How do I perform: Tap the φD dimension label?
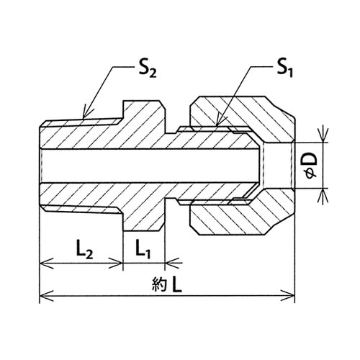tap(312, 166)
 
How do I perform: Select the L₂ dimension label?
tap(84, 251)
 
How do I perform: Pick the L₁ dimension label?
tap(143, 251)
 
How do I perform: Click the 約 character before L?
tap(159, 285)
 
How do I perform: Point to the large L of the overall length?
tap(177, 285)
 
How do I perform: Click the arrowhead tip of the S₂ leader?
tap(84, 119)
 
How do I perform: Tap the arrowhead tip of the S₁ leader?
tap(217, 126)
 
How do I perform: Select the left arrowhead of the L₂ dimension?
tap(40, 263)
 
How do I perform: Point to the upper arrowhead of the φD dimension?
tap(323, 142)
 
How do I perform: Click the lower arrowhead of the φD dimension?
tap(323, 189)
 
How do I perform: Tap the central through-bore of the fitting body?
tap(150, 166)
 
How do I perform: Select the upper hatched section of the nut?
tap(243, 113)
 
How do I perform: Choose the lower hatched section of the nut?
tap(243, 217)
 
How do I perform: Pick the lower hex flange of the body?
tap(144, 216)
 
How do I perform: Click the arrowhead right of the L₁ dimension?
tap(166, 263)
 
